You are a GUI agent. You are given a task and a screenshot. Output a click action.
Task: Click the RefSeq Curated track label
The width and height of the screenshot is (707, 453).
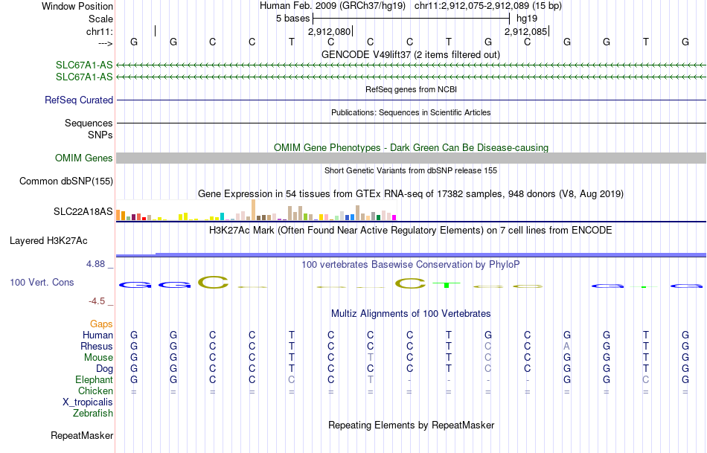(x=79, y=100)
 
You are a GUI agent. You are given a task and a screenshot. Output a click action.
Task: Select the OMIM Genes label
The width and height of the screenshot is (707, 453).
(x=84, y=158)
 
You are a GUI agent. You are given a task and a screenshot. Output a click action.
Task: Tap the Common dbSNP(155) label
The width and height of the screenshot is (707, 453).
(x=66, y=181)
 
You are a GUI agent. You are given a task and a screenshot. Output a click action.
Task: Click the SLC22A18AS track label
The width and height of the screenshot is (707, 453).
(x=83, y=212)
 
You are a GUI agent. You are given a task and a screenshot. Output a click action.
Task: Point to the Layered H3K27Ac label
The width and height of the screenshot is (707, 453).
(x=48, y=241)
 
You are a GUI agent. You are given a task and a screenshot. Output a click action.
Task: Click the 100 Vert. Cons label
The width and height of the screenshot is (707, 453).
(x=42, y=283)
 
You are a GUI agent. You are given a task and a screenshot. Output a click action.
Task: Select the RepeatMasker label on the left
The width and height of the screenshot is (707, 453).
(x=82, y=436)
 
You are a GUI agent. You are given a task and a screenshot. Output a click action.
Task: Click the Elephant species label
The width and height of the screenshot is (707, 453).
(x=94, y=380)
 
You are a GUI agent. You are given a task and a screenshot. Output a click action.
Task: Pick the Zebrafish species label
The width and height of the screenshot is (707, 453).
(x=93, y=414)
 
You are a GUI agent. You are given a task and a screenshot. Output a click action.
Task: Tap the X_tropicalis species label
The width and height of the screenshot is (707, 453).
(x=88, y=402)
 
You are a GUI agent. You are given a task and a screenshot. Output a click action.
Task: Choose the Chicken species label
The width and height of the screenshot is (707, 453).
(x=96, y=391)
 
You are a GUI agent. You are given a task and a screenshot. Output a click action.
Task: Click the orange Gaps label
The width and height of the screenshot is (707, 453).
(x=101, y=324)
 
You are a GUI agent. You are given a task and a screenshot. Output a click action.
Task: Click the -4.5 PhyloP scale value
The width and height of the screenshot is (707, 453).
(x=98, y=301)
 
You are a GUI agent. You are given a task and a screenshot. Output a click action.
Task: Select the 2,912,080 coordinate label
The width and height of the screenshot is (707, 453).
(x=329, y=32)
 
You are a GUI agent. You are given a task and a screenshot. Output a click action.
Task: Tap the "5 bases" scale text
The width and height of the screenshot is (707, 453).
(x=292, y=18)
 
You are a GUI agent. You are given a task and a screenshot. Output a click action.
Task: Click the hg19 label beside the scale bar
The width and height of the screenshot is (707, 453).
(x=526, y=18)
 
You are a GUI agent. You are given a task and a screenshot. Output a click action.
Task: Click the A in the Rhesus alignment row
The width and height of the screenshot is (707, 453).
(x=567, y=347)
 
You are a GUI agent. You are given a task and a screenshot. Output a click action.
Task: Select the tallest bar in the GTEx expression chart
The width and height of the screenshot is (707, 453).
(x=254, y=210)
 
